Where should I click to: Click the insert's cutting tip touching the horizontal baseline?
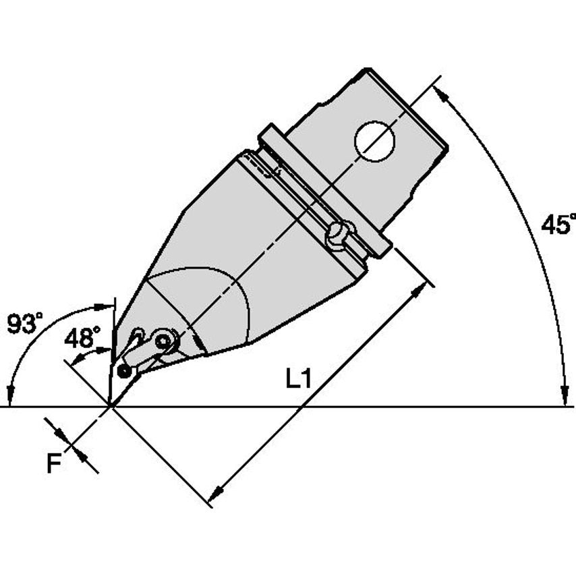(x=109, y=406)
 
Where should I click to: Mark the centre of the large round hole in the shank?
(x=374, y=141)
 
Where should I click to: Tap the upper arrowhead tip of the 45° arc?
(x=434, y=86)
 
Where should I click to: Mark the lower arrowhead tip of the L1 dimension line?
(x=208, y=501)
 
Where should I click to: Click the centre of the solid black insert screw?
(x=125, y=372)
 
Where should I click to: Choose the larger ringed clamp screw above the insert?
(x=163, y=342)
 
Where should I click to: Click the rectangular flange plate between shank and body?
(x=324, y=191)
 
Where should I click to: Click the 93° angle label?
(x=24, y=323)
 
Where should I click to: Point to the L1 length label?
(x=299, y=379)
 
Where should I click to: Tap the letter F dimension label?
(x=55, y=463)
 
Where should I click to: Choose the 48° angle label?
(x=82, y=338)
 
